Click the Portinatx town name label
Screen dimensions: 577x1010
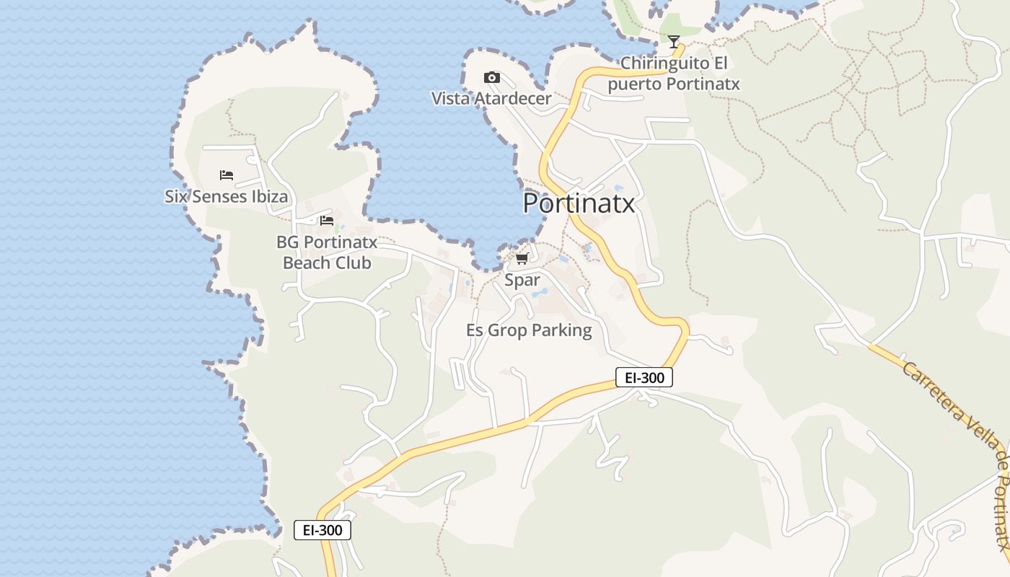(579, 203)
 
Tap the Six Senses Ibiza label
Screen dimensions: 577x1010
(226, 196)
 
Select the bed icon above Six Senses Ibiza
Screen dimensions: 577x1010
(227, 175)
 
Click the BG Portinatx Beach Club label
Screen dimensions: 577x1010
(327, 252)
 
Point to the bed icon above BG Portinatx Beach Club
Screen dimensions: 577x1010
(327, 220)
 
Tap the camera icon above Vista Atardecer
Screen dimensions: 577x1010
(491, 77)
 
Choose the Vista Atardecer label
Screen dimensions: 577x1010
(491, 98)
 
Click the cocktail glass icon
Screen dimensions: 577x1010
(674, 42)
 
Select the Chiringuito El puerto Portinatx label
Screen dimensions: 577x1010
(674, 74)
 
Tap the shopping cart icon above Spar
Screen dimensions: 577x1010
(522, 258)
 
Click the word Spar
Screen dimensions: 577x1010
(522, 280)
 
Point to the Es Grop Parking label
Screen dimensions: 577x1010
(529, 330)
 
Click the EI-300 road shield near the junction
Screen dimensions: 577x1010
(644, 376)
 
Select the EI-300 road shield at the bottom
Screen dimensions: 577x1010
(322, 530)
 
